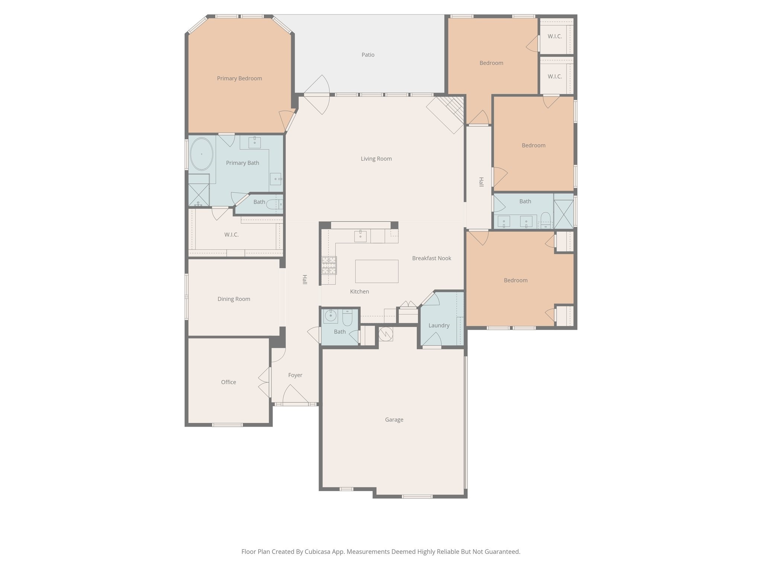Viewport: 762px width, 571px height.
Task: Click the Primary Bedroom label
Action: click(239, 78)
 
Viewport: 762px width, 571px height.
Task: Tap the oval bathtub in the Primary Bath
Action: click(202, 154)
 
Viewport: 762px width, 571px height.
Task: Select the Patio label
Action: click(368, 55)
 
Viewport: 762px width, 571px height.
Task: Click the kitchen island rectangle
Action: click(377, 271)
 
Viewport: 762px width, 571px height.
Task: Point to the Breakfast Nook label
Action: click(432, 258)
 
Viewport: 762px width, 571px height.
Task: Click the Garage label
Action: click(394, 420)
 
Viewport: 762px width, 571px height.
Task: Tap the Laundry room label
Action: click(439, 326)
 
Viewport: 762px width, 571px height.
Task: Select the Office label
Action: click(228, 382)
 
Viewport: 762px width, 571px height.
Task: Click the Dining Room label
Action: click(234, 299)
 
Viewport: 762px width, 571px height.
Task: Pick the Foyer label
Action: click(295, 375)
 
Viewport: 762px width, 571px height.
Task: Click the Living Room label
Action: click(376, 159)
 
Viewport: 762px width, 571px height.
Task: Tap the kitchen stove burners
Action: click(329, 265)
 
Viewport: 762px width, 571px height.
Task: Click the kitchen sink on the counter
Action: click(360, 236)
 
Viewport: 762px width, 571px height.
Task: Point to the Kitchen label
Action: click(359, 291)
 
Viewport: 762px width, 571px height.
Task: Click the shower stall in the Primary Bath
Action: click(199, 190)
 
